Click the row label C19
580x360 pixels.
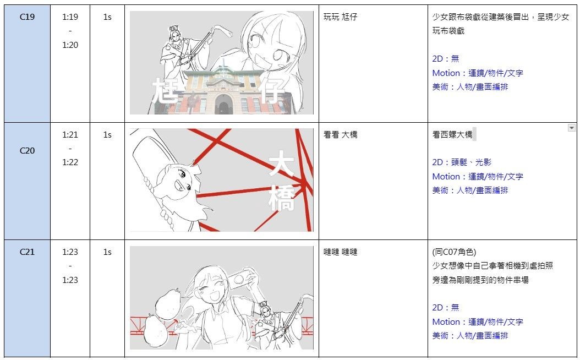tap(27, 17)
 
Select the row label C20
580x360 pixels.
tap(27, 151)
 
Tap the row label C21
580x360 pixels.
tap(27, 252)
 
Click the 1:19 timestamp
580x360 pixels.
tap(70, 17)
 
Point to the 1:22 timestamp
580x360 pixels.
tap(70, 162)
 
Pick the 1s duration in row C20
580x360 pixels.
tap(107, 135)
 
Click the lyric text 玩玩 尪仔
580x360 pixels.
tap(340, 17)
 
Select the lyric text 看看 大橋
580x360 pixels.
tap(340, 135)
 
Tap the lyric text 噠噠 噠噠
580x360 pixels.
tap(340, 252)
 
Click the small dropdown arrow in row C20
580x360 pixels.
tap(572, 128)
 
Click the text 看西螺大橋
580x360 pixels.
tap(452, 135)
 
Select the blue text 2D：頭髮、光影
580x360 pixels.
tap(462, 162)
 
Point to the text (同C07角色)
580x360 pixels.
tap(454, 252)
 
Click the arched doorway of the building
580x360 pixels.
tap(223, 105)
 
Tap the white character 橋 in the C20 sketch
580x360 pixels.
tap(282, 199)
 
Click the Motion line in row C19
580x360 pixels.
tap(478, 73)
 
